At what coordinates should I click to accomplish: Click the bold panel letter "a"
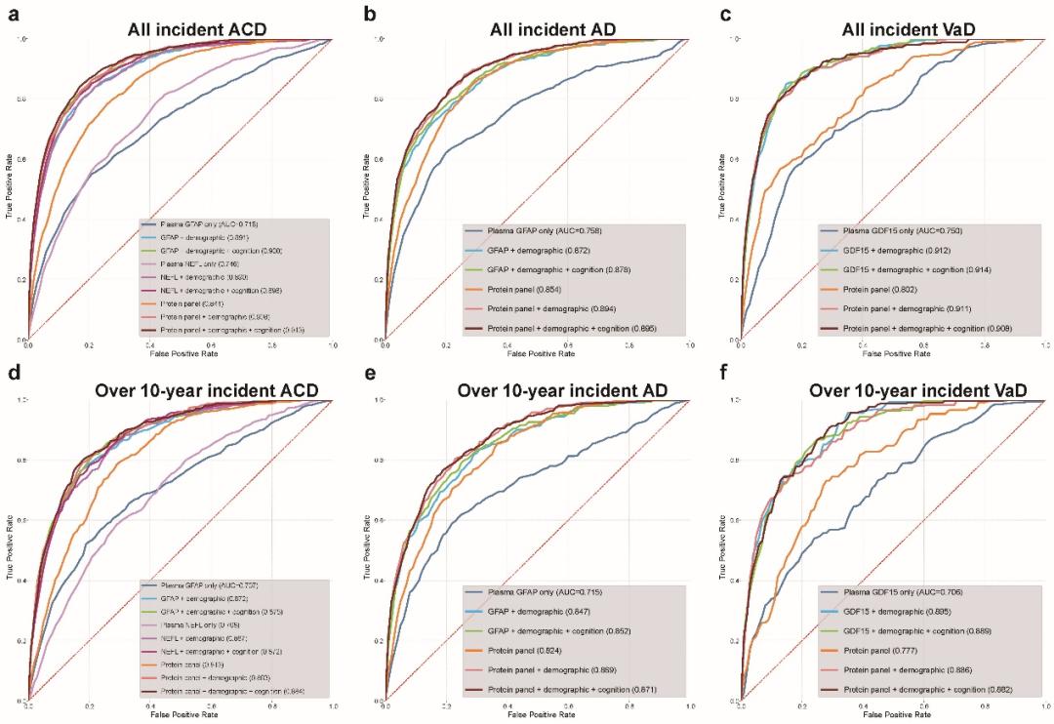[13, 14]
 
